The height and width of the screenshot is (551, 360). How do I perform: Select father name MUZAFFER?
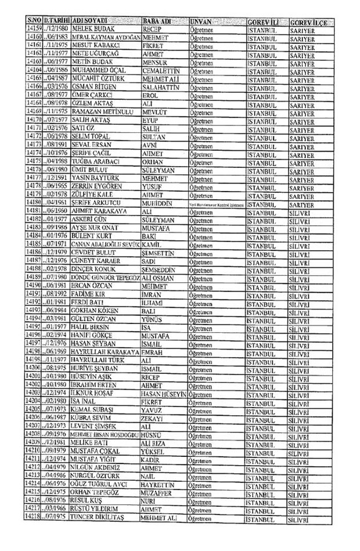click(159, 491)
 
